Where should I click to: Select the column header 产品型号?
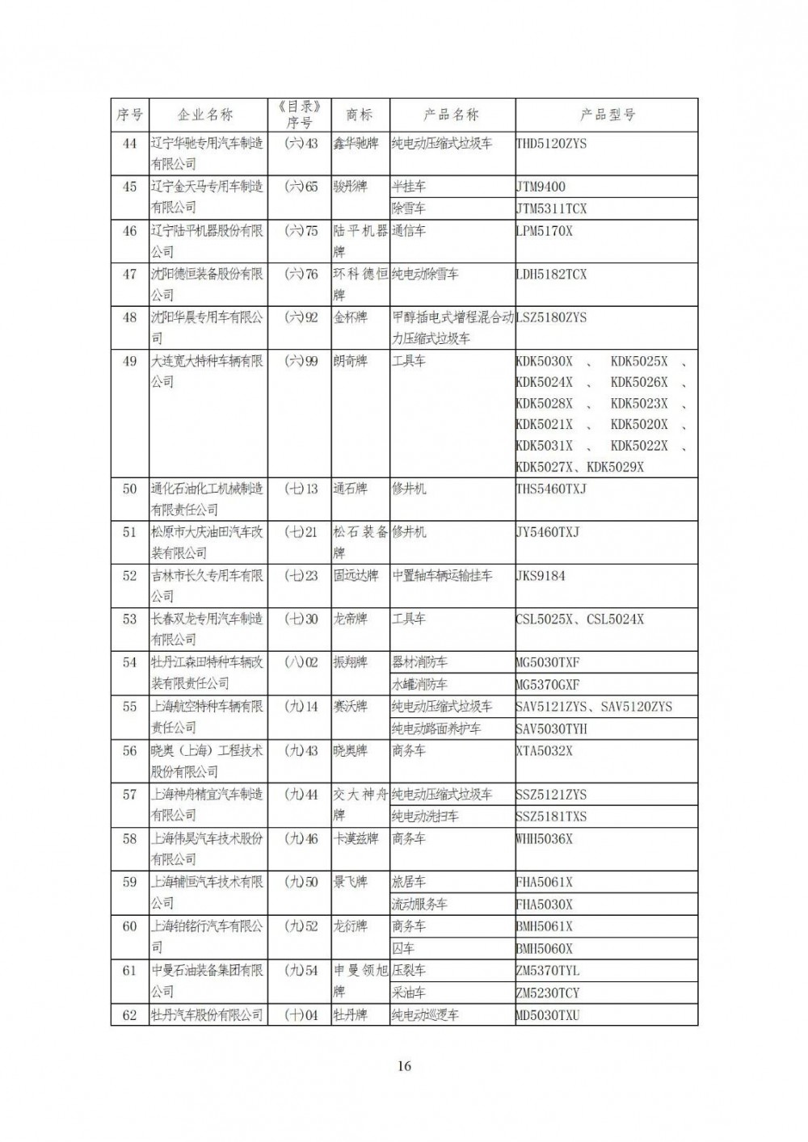pyautogui.click(x=607, y=115)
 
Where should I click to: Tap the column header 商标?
pyautogui.click(x=360, y=115)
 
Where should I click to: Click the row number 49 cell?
pyautogui.click(x=129, y=361)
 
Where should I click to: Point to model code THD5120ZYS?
pyautogui.click(x=552, y=143)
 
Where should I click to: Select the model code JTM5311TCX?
pyautogui.click(x=552, y=208)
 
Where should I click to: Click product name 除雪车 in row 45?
pyautogui.click(x=409, y=208)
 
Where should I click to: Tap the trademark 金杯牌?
pyautogui.click(x=351, y=317)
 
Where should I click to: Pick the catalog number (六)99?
pyautogui.click(x=301, y=361)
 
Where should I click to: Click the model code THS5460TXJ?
pyautogui.click(x=551, y=489)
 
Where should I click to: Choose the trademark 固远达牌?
pyautogui.click(x=356, y=576)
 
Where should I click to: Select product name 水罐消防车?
pyautogui.click(x=420, y=684)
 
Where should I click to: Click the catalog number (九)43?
pyautogui.click(x=301, y=750)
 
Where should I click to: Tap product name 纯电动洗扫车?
pyautogui.click(x=425, y=817)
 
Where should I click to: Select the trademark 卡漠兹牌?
pyautogui.click(x=356, y=838)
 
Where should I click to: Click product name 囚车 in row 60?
pyautogui.click(x=403, y=948)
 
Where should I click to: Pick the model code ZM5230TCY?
pyautogui.click(x=548, y=993)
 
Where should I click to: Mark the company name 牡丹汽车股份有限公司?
pyautogui.click(x=207, y=1015)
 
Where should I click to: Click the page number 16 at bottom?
pyautogui.click(x=405, y=1066)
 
